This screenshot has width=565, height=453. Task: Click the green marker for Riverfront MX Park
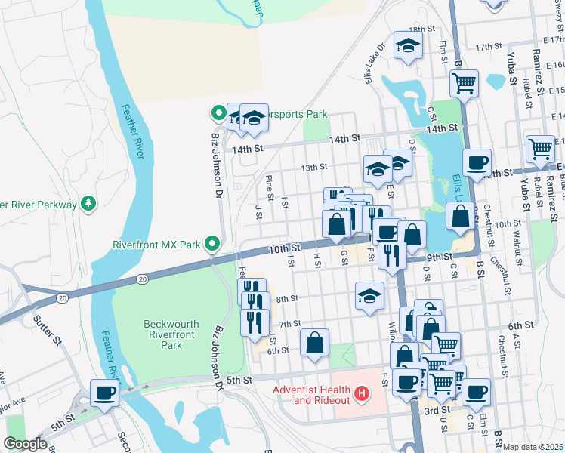tap(212, 244)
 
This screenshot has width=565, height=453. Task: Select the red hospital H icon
tap(362, 393)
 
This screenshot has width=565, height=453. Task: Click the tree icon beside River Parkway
tap(89, 204)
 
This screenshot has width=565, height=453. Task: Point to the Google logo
tap(25, 444)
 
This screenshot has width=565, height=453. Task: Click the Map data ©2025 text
tap(533, 447)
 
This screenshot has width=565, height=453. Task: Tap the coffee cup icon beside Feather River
tap(104, 392)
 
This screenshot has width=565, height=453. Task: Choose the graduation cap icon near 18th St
tap(408, 45)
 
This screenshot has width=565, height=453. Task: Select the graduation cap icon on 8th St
tap(369, 296)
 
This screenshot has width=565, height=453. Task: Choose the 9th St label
tap(438, 257)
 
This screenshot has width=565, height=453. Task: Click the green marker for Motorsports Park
tap(218, 114)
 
